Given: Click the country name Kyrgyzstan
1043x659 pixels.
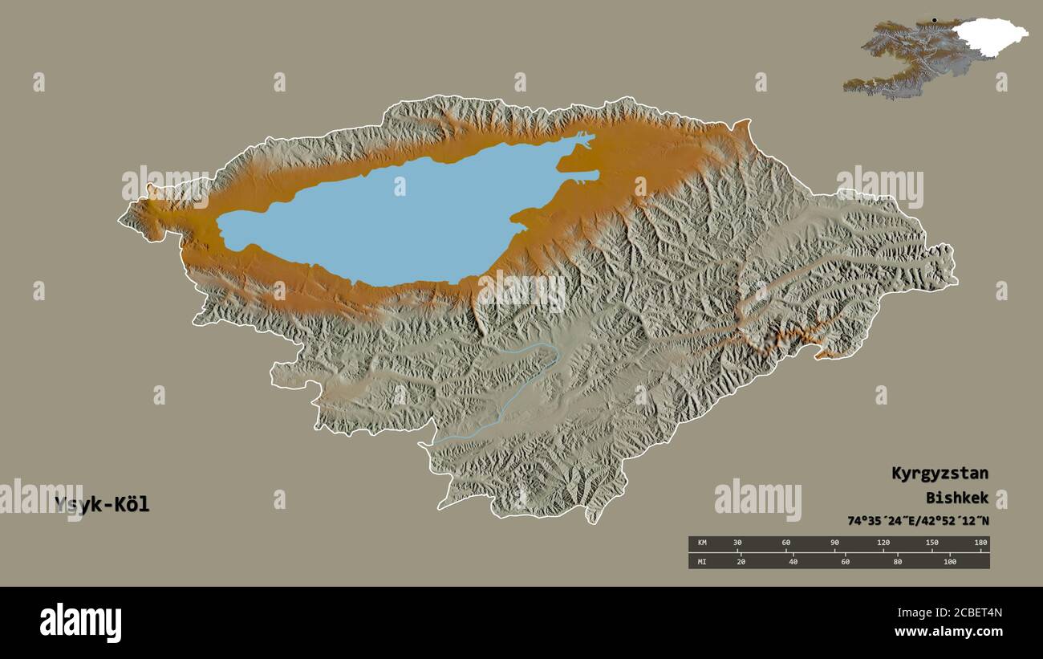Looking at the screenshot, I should [x=940, y=474].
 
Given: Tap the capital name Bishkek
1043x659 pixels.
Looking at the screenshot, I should [x=956, y=498].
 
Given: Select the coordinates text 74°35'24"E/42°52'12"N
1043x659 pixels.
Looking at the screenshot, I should [x=918, y=521].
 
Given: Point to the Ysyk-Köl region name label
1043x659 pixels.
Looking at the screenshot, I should [x=102, y=505].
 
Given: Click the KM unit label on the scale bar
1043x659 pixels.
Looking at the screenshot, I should [x=702, y=543].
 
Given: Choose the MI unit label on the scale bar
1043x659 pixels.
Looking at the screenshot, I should [x=702, y=561].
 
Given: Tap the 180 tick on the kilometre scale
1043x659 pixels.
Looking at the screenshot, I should [x=980, y=543].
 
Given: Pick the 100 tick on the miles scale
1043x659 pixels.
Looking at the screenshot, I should [x=950, y=561].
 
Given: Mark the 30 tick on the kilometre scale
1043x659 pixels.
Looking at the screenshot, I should [x=737, y=543].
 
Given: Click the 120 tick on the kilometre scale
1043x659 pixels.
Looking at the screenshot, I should [x=883, y=543].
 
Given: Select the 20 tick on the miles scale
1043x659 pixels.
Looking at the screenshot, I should [x=741, y=561].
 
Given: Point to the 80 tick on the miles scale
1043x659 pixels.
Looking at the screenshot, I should [x=897, y=561].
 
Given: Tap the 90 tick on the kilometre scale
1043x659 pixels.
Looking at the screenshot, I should [x=834, y=543].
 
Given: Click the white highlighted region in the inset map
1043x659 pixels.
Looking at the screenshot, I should [x=988, y=36].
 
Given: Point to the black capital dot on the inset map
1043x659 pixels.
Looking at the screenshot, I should [x=934, y=20].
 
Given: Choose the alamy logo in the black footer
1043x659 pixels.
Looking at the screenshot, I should [x=80, y=623].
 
